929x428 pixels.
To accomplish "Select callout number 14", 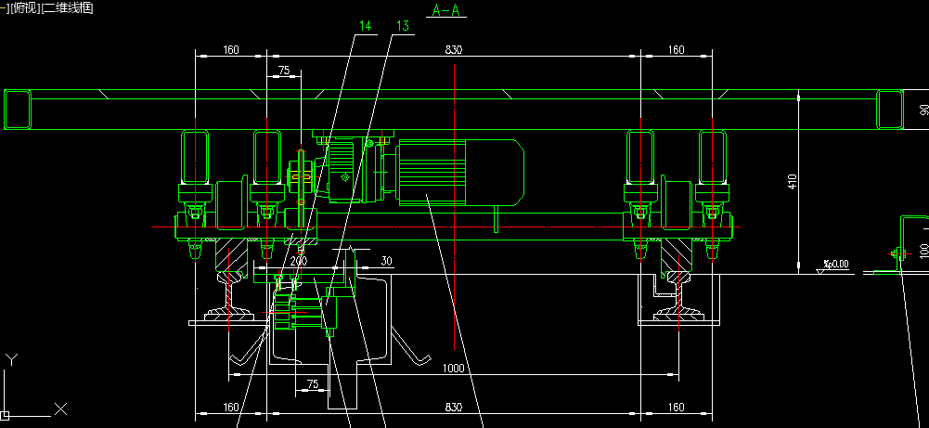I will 365,27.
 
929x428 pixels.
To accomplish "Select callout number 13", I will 402,27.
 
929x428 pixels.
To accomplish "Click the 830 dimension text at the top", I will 453,49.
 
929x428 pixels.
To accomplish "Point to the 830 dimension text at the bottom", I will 453,407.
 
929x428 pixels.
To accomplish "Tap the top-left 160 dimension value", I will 230,49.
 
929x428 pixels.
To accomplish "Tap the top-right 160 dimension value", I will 676,49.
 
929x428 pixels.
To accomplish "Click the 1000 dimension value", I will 453,369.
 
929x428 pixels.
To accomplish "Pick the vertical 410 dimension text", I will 792,181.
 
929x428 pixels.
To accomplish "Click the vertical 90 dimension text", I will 923,110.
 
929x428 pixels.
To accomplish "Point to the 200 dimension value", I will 298,262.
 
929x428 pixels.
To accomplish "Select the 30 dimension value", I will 386,262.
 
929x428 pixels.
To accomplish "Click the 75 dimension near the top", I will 283,71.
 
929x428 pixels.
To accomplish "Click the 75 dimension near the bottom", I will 312,383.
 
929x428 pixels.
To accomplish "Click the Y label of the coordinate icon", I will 10,358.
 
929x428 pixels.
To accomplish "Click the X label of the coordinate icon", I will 60,409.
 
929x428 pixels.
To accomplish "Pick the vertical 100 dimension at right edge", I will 923,250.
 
